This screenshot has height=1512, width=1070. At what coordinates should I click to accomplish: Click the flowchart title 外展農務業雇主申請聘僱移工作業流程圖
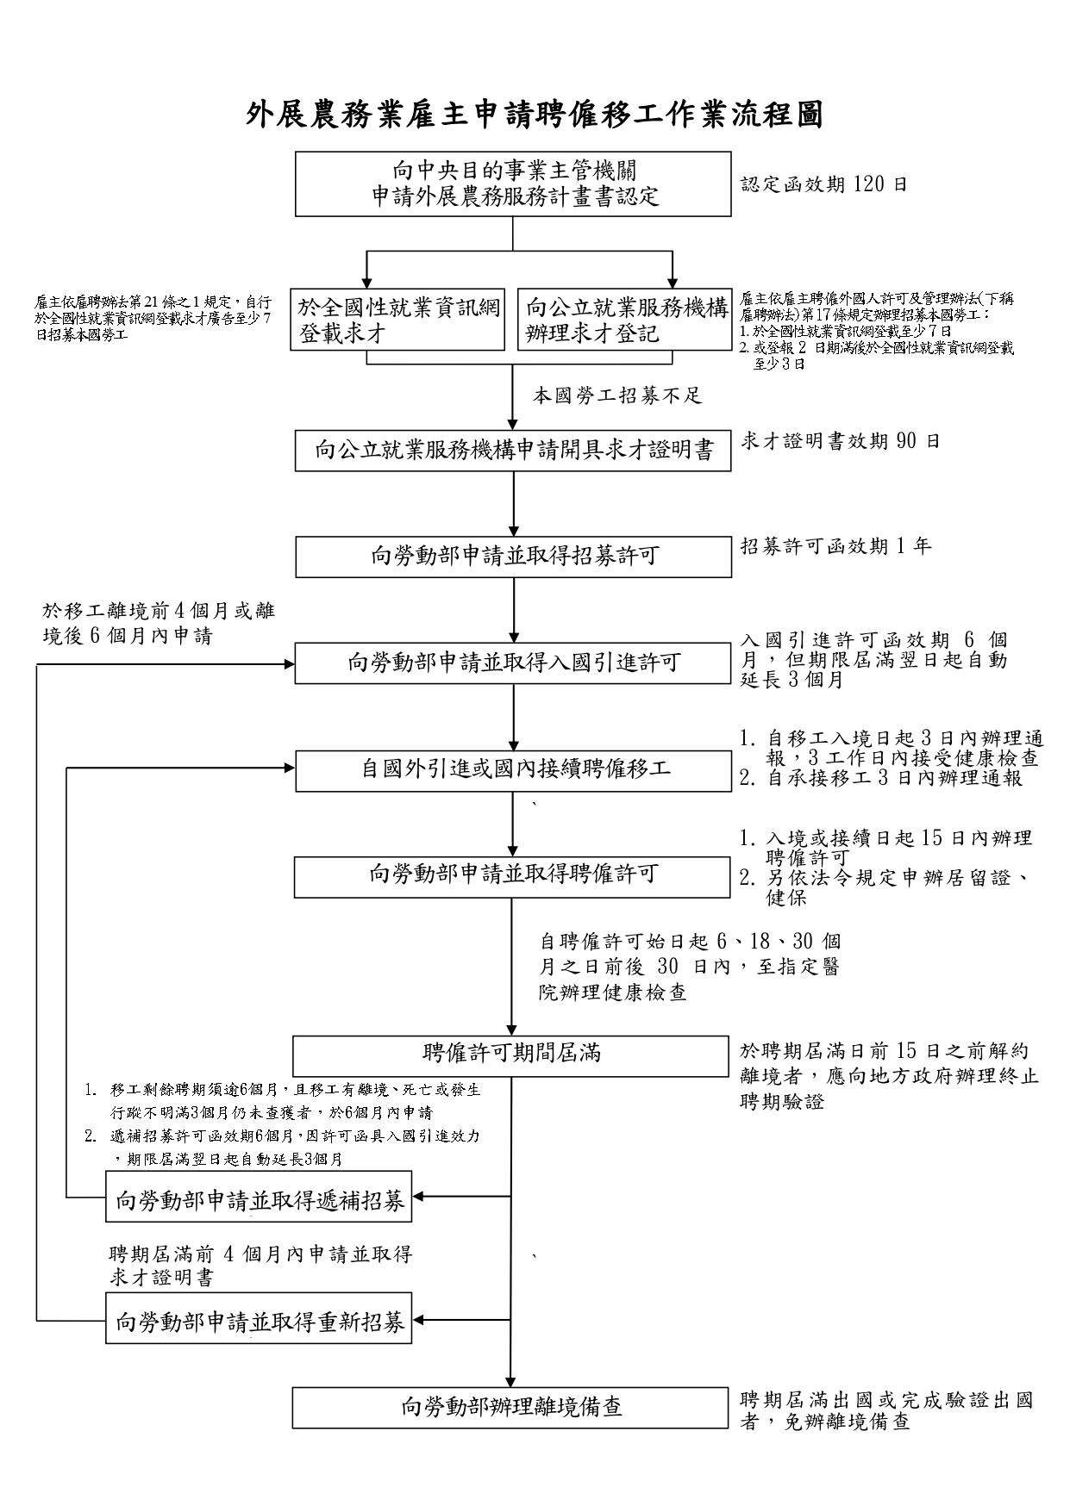535,114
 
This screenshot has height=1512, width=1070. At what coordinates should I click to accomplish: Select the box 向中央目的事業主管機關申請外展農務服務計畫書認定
513,184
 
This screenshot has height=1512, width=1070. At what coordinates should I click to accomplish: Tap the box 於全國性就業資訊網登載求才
397,320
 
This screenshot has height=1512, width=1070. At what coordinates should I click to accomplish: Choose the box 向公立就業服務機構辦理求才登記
625,320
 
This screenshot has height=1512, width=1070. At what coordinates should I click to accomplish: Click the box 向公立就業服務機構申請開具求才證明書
513,451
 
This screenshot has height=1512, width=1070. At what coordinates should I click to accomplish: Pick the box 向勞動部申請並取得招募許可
513,557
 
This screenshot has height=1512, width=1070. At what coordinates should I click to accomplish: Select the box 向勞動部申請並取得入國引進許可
513,663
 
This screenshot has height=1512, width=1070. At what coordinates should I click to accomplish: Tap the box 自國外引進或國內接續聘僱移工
513,770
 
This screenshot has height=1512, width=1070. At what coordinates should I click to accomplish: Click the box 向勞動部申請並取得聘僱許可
513,876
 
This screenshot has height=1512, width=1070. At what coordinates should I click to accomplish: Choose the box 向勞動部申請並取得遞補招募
259,1197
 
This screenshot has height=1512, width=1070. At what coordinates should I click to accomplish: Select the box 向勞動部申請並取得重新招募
259,1319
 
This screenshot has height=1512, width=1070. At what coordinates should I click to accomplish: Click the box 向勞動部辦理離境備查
511,1408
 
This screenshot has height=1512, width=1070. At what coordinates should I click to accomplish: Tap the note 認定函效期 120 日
824,184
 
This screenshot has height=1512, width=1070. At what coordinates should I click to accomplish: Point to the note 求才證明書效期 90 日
841,441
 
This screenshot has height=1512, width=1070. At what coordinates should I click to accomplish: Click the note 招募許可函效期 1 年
835,546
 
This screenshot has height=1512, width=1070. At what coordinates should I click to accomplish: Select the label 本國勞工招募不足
617,395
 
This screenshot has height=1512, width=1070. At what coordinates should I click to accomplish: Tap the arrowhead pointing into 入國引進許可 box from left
287,664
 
